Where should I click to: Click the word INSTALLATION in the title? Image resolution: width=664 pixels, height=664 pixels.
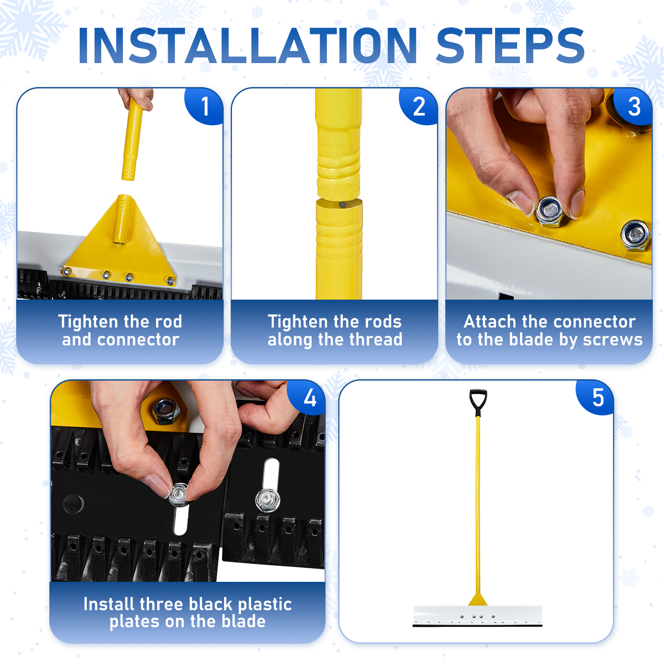pos(248,46)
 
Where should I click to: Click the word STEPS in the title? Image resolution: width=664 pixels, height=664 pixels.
pos(511,46)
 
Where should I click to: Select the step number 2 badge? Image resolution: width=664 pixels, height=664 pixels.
pos(419,106)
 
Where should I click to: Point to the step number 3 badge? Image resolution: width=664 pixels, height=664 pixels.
pos(634,106)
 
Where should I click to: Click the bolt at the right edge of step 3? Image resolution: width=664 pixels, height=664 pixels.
pos(636,236)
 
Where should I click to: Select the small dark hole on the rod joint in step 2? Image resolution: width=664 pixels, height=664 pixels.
pos(342,205)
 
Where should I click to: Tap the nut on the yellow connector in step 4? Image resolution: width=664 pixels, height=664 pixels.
pos(166,411)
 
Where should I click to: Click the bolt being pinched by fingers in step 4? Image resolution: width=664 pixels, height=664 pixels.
pos(179,494)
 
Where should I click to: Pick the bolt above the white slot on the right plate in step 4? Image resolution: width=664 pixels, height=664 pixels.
pos(268,500)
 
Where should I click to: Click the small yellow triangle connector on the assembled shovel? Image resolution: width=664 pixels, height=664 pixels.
pos(478,600)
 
